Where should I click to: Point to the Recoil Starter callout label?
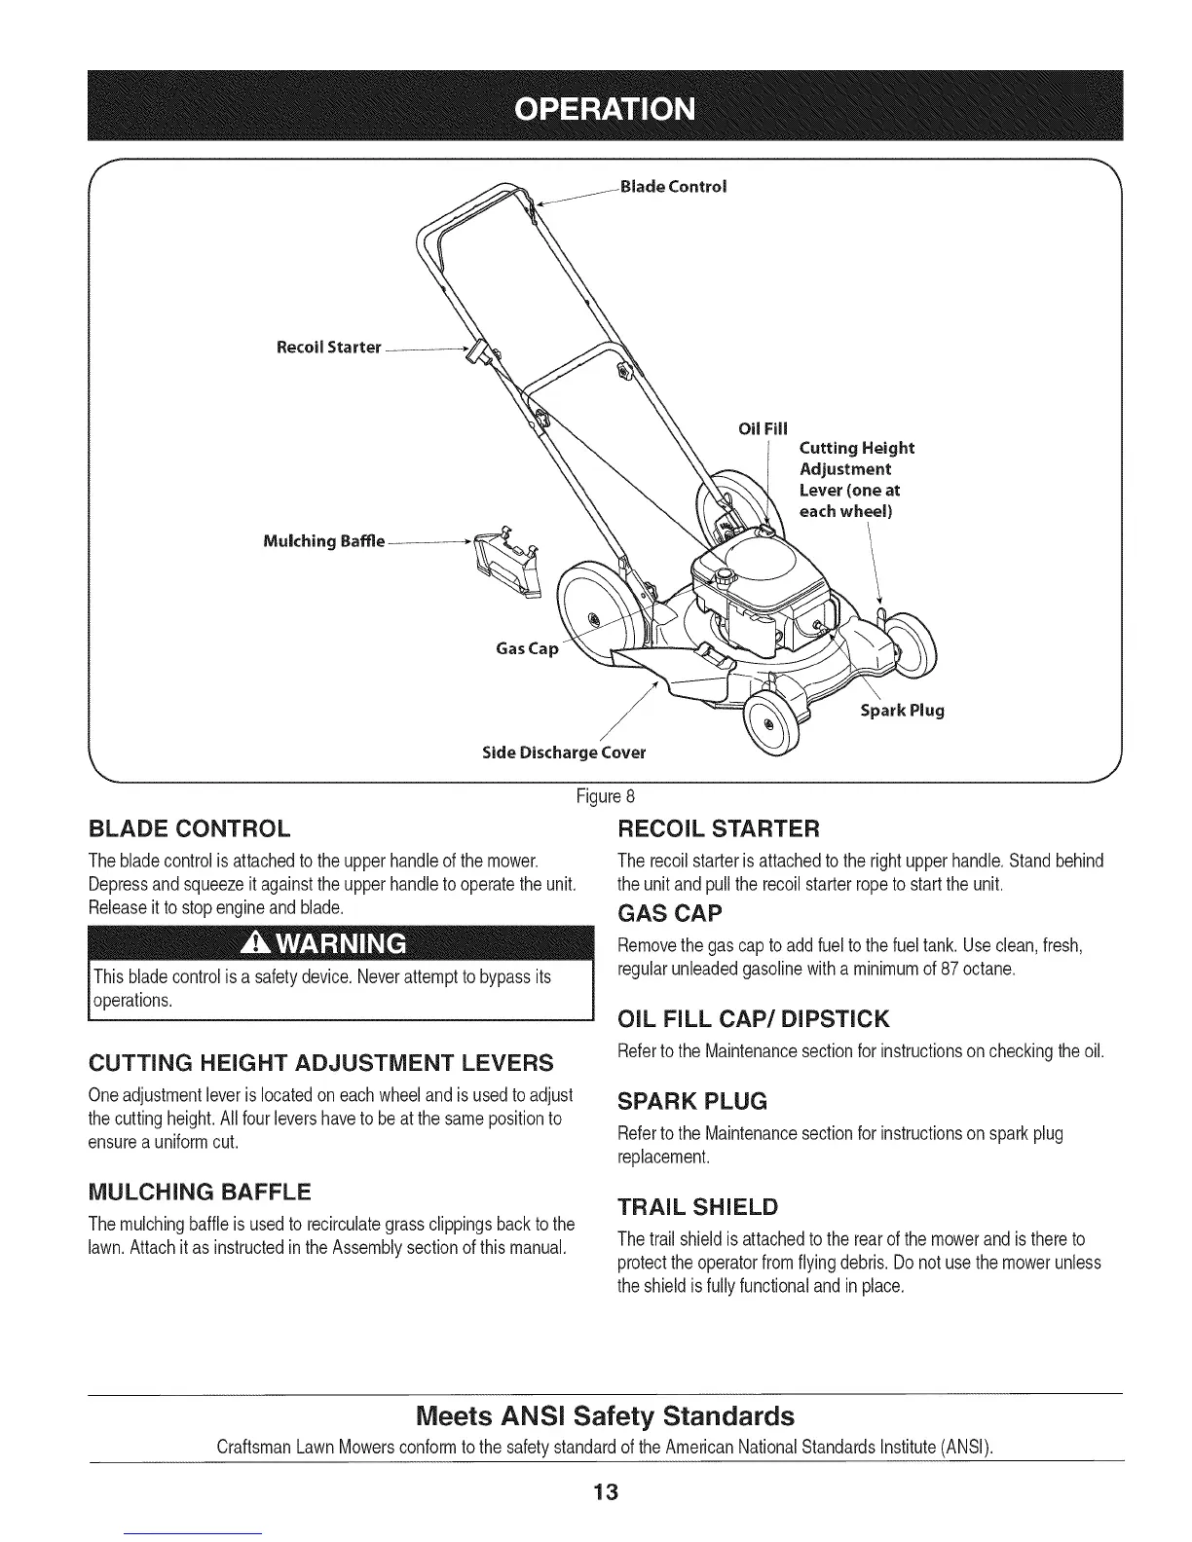pyautogui.click(x=327, y=348)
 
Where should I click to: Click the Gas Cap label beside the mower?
pyautogui.click(x=527, y=648)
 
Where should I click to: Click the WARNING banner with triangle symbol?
pyautogui.click(x=341, y=944)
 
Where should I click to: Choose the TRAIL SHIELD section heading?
pyautogui.click(x=698, y=1207)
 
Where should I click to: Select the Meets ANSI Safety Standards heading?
pyautogui.click(x=605, y=1414)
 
